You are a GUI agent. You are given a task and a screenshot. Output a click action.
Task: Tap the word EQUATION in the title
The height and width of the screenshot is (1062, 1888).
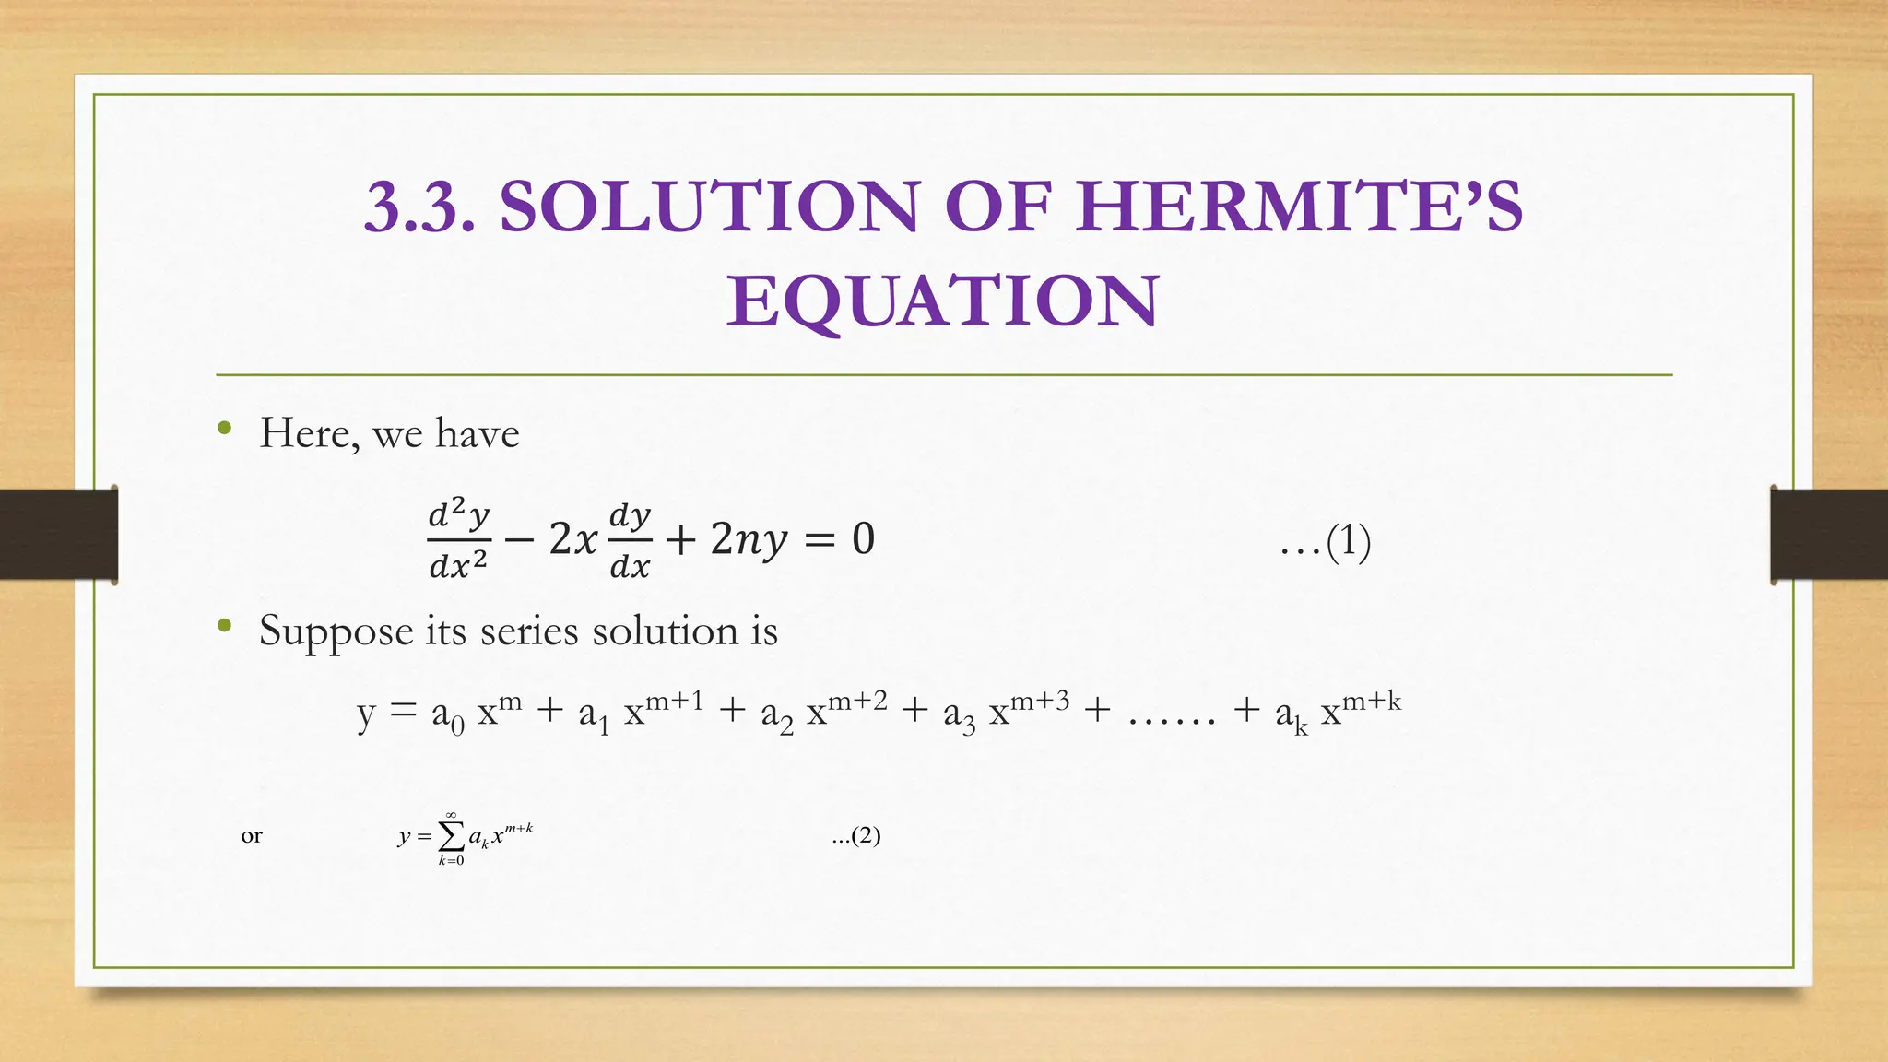tap(942, 301)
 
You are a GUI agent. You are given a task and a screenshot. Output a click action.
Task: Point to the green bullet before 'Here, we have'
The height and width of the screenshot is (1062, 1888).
tap(224, 428)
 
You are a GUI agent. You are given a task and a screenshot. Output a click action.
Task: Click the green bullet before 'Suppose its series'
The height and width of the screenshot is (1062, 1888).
tap(224, 626)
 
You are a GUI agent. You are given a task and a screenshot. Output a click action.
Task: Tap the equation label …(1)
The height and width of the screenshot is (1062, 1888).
tap(1326, 542)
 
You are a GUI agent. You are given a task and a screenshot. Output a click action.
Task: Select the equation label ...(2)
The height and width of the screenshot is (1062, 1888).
tap(855, 836)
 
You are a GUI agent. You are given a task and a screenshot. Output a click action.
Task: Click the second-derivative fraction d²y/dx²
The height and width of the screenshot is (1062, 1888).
tap(459, 539)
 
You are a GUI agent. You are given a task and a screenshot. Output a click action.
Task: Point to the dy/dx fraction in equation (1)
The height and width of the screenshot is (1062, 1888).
tap(631, 540)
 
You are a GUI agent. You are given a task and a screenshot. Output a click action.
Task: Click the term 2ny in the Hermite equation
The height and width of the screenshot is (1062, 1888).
tap(749, 539)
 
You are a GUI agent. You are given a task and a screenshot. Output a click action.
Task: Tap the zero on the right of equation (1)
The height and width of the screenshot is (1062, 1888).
tap(863, 538)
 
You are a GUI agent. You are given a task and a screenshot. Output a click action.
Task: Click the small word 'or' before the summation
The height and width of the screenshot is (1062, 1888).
tap(252, 836)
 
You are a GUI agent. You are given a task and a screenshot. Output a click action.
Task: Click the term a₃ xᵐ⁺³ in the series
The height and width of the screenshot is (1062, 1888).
tap(1006, 712)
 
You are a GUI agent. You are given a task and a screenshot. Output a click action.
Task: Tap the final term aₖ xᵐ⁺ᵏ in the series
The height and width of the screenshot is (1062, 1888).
tap(1338, 712)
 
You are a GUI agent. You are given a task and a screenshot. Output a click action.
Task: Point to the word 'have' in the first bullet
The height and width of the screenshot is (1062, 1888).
tap(478, 433)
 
